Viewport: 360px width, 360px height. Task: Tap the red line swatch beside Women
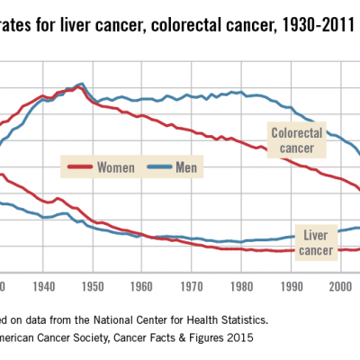pos(81,166)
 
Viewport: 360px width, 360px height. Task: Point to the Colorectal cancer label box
pos(296,140)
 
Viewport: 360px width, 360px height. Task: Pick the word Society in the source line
pos(99,338)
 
